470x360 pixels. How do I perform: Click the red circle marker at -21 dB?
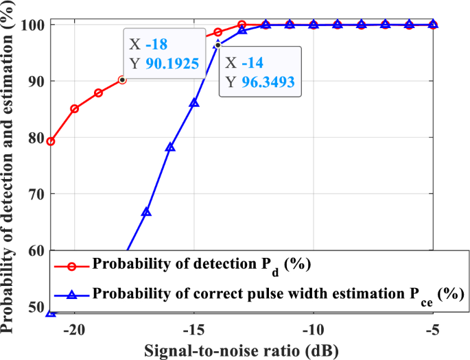point(50,141)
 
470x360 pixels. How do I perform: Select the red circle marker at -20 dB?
point(74,108)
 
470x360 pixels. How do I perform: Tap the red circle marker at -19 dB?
point(98,93)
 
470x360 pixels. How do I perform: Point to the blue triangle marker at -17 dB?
point(146,212)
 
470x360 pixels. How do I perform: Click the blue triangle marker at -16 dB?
point(170,147)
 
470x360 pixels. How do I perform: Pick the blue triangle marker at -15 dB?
point(194,102)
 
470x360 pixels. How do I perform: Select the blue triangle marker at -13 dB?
point(242,29)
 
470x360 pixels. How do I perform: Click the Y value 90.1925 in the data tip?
point(172,65)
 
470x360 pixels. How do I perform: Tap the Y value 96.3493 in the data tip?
point(268,82)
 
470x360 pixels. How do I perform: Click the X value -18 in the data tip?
point(158,45)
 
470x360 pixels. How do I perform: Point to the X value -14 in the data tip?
point(255,62)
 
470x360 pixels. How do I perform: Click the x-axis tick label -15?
point(193,327)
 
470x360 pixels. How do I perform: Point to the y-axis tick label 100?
point(31,25)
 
